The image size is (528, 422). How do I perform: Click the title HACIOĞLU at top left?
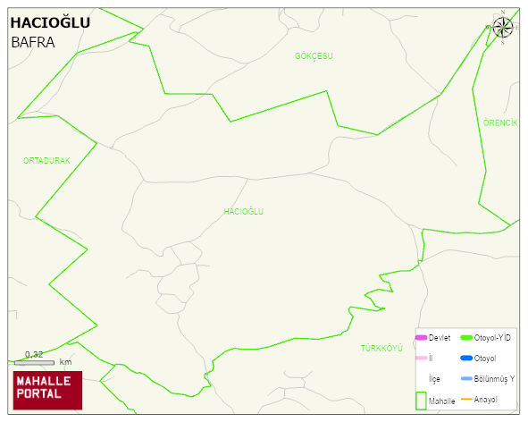50,22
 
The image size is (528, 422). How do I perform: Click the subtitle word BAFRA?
32,42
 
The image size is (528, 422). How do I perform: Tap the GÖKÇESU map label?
314,56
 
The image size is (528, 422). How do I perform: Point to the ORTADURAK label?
46,160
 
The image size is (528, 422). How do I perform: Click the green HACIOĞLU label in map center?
243,212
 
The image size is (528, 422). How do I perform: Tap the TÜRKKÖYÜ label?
382,347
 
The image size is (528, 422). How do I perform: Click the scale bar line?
34,363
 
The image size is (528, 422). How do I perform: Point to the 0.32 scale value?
34,355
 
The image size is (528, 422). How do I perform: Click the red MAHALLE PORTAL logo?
47,390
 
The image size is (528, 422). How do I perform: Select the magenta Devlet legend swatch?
421,337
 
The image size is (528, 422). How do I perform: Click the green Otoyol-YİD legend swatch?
465,337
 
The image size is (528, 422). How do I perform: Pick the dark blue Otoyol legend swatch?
465,358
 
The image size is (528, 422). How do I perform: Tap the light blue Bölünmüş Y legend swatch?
465,379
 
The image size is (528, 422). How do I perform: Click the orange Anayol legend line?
465,399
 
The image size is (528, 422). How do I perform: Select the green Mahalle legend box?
421,400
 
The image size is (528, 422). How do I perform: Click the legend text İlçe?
435,379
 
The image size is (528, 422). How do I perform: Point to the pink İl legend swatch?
421,358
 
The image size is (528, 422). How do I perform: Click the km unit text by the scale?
65,363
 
